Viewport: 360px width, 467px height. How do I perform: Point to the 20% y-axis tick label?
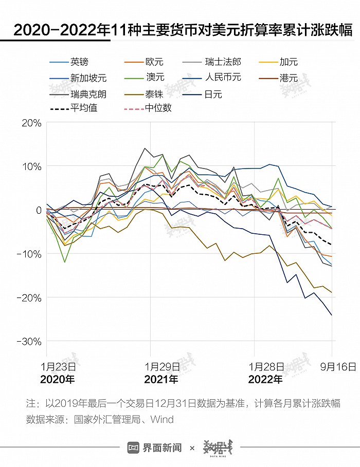pos(31,123)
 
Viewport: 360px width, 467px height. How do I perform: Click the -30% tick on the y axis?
pos(29,342)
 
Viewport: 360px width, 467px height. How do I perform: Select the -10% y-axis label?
pos(29,254)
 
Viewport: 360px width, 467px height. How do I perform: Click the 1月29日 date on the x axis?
pos(162,366)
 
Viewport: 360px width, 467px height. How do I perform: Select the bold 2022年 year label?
pos(265,380)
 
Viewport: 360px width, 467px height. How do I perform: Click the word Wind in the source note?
pos(163,419)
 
